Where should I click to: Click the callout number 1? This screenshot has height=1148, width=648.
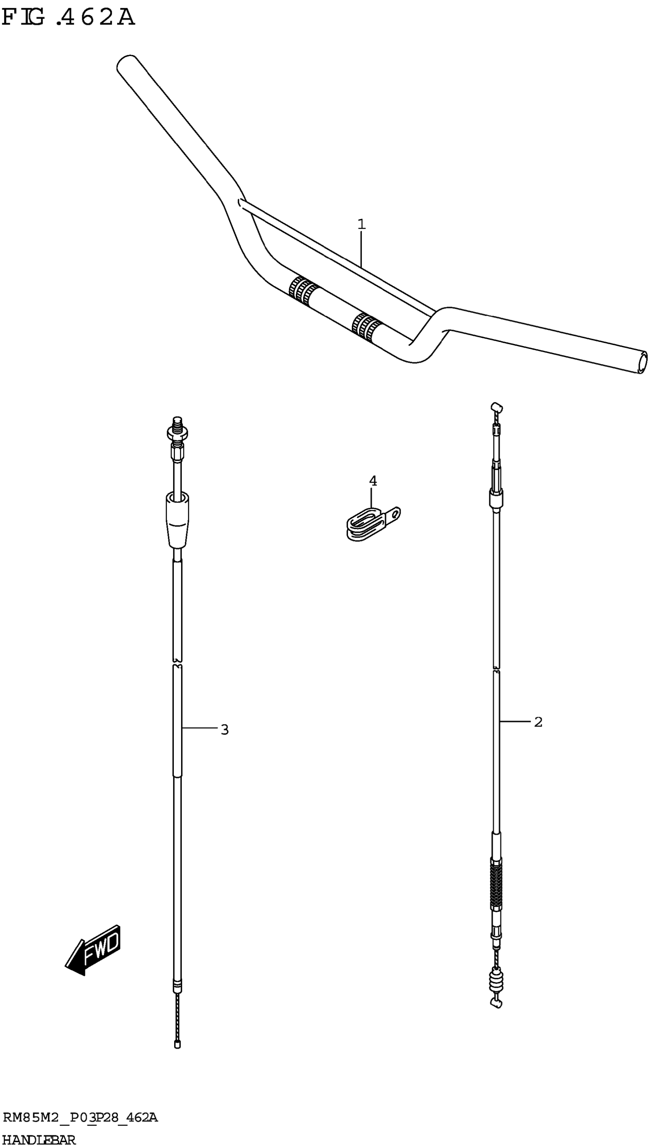point(361,224)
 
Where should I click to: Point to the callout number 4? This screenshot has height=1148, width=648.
point(373,481)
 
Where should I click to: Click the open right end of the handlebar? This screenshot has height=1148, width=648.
point(642,362)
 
